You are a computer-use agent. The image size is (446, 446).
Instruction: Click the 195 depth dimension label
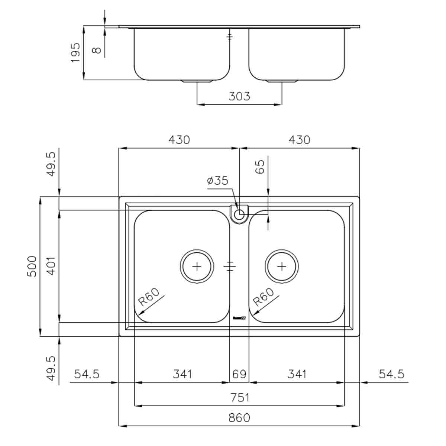pyautogui.click(x=75, y=52)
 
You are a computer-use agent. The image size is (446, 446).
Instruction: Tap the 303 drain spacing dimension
pyautogui.click(x=239, y=96)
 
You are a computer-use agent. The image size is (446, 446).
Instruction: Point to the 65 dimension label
pyautogui.click(x=261, y=167)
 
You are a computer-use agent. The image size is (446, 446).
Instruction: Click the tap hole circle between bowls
pyautogui.click(x=239, y=214)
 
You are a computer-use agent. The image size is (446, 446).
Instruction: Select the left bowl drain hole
pyautogui.click(x=197, y=266)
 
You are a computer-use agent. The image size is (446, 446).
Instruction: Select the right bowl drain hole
pyautogui.click(x=282, y=266)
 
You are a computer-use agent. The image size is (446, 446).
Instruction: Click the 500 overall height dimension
pyautogui.click(x=33, y=266)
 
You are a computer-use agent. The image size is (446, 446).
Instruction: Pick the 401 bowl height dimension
pyautogui.click(x=52, y=266)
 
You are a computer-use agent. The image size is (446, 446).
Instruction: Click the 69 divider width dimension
pyautogui.click(x=239, y=374)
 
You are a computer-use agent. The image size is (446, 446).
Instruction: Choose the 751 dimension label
pyautogui.click(x=239, y=397)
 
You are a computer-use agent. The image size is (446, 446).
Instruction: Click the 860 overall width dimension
pyautogui.click(x=239, y=417)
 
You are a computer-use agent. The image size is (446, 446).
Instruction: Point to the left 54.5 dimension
pyautogui.click(x=87, y=374)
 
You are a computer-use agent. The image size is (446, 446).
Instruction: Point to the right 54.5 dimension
pyautogui.click(x=391, y=374)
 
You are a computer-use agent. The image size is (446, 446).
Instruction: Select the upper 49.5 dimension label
pyautogui.click(x=52, y=164)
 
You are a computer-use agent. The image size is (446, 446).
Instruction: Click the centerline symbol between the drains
pyautogui.click(x=230, y=266)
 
